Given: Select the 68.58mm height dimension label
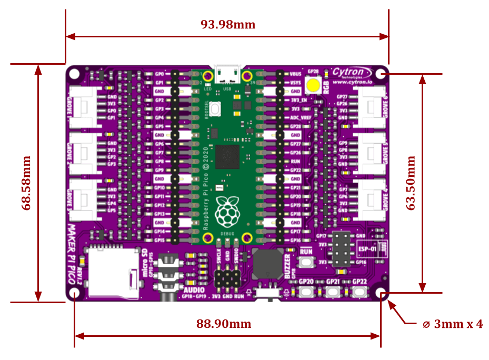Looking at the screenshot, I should click(x=26, y=183).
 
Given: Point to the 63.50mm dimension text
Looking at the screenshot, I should click(x=411, y=183).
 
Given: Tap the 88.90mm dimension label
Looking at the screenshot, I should click(x=224, y=324).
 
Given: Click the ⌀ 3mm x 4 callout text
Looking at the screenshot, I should click(x=453, y=324).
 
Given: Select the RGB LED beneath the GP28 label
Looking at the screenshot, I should click(x=314, y=85).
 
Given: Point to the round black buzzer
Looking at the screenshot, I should click(x=267, y=264).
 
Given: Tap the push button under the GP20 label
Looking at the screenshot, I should click(x=306, y=292).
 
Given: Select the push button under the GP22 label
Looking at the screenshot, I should click(x=360, y=292).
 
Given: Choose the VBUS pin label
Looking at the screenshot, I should click(x=295, y=74).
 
